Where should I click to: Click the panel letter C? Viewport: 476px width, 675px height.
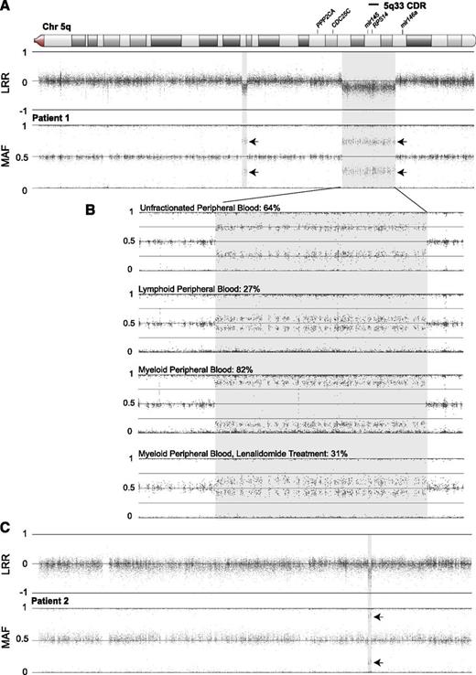pos(8,529)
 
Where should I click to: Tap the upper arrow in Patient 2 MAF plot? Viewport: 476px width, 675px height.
pos(381,618)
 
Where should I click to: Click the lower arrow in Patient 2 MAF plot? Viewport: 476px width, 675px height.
pos(381,661)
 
